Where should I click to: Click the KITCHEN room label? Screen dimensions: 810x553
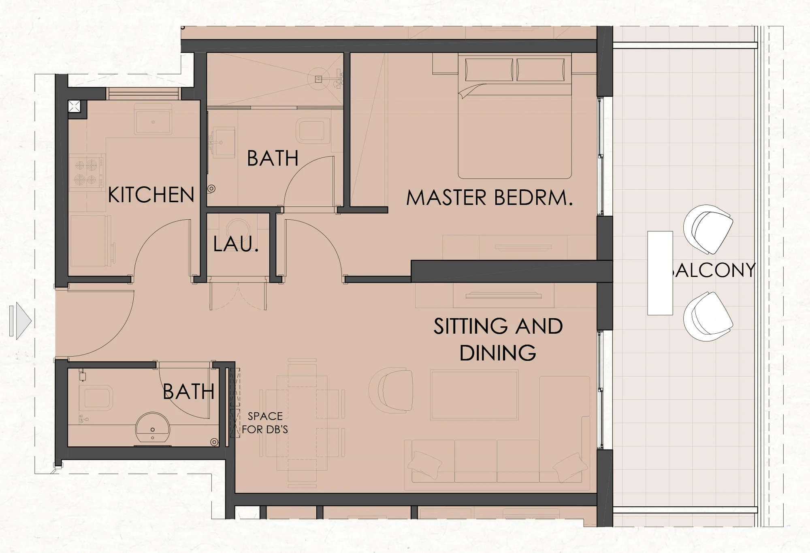tap(151, 195)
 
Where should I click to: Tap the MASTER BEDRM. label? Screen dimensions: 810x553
tap(490, 198)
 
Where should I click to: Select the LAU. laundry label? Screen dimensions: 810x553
tap(236, 244)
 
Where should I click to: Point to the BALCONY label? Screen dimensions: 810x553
tap(713, 270)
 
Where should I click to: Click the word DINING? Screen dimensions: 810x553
tap(498, 353)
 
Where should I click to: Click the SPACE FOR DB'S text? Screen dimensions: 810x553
tap(265, 422)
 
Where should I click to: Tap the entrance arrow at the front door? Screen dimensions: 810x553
tap(20, 321)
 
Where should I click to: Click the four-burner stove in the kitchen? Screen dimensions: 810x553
tap(87, 172)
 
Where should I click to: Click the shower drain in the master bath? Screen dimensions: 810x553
tap(318, 79)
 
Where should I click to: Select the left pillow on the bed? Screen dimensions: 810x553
tap(489, 70)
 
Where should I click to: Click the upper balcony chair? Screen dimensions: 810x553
tap(708, 229)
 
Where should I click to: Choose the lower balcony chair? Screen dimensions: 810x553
tap(708, 317)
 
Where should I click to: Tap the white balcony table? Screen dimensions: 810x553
tap(660, 273)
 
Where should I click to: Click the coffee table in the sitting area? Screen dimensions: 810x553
tap(474, 394)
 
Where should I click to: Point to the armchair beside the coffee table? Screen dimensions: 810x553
tap(391, 390)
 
